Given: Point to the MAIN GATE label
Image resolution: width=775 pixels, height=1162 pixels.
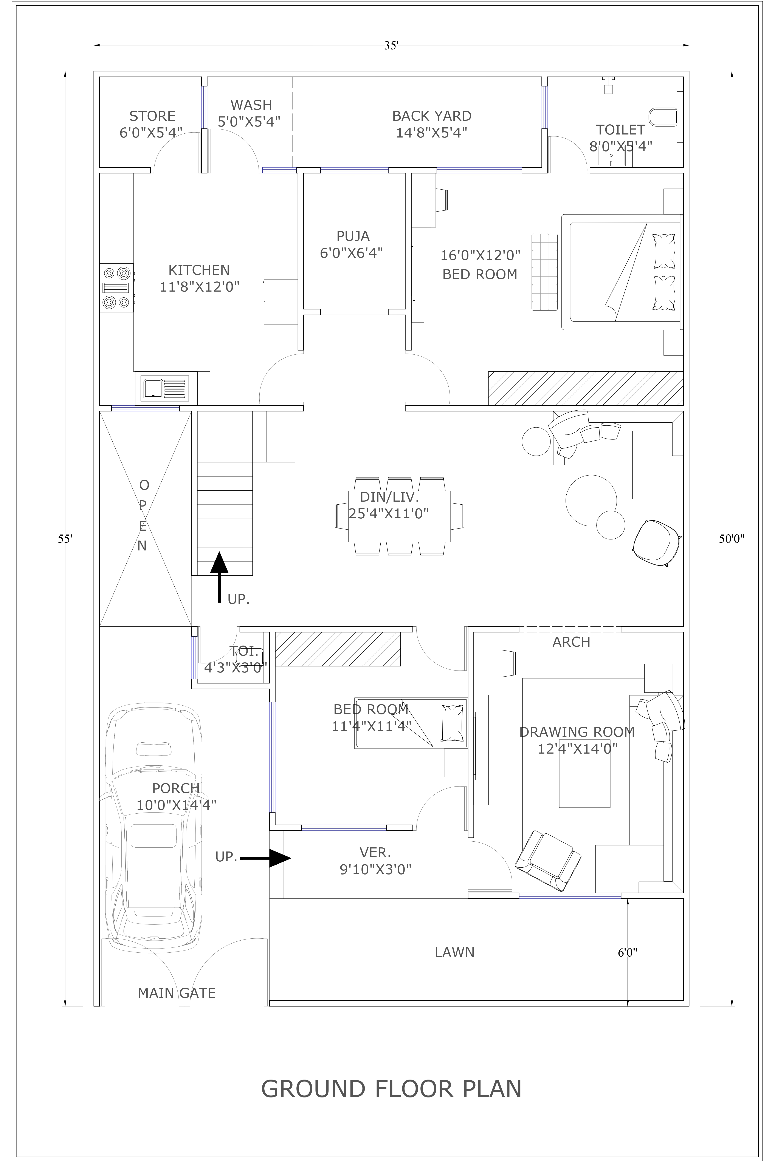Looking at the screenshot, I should (x=177, y=993).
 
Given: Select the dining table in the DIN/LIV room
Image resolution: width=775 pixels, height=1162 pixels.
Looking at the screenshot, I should (x=399, y=516).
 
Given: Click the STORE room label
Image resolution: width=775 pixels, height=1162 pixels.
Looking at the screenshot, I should (x=152, y=116).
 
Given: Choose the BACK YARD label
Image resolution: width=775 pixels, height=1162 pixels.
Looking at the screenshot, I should (x=431, y=116).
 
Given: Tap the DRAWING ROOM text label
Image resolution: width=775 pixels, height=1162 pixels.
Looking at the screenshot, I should (x=577, y=732).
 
